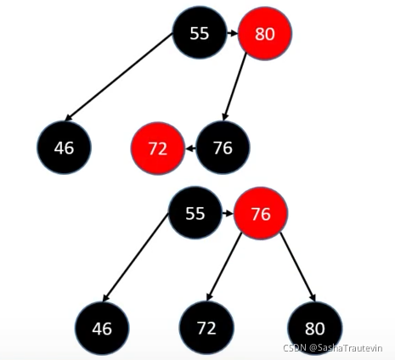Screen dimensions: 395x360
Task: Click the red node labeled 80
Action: pos(265,34)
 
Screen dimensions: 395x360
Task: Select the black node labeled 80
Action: pos(315,329)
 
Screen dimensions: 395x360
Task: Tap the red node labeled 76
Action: pos(261,213)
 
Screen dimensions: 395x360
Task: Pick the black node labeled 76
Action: pos(223,147)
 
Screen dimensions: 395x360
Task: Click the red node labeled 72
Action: pos(158,149)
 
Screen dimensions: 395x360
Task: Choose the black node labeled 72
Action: pos(207,328)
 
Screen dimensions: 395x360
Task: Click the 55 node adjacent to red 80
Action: pos(200,32)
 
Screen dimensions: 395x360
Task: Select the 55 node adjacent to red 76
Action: pos(195,212)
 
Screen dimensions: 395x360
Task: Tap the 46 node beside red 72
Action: pos(64,148)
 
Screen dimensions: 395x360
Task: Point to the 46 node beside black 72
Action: pos(102,329)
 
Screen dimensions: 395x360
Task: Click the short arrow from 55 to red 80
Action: pos(233,33)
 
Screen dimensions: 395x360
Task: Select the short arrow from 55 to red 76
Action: pos(229,213)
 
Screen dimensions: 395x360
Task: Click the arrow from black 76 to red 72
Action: pos(190,148)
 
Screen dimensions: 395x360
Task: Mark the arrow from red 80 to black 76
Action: pos(234,87)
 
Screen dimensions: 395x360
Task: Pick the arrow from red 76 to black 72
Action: pos(224,267)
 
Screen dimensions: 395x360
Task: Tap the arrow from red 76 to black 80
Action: pos(297,267)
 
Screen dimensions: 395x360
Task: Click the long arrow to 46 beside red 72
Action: pos(118,77)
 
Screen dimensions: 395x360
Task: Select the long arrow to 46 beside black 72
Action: pos(135,257)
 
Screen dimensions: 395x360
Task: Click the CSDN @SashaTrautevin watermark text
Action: pos(333,348)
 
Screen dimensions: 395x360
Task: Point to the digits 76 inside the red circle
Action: pos(261,214)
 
